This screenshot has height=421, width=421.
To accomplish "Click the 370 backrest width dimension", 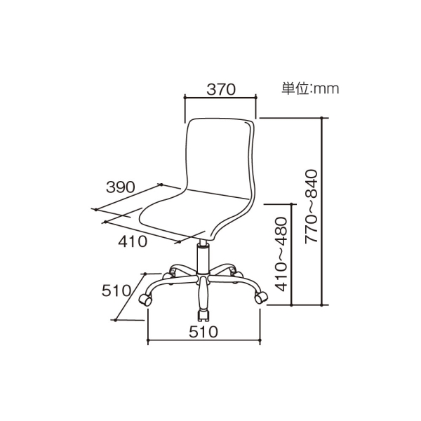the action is [x=221, y=89].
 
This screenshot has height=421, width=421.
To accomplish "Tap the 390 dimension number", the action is [x=120, y=187].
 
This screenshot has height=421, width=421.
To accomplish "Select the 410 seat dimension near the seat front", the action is [x=133, y=241].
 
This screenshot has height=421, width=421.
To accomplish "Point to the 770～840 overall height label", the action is [x=311, y=206].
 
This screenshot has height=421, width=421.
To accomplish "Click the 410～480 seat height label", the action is [x=281, y=254].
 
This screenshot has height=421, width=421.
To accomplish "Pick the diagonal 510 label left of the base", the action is [x=116, y=290].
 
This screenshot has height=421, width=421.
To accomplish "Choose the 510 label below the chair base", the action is [x=203, y=332].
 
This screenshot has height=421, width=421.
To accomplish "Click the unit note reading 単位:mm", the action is [x=310, y=88].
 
